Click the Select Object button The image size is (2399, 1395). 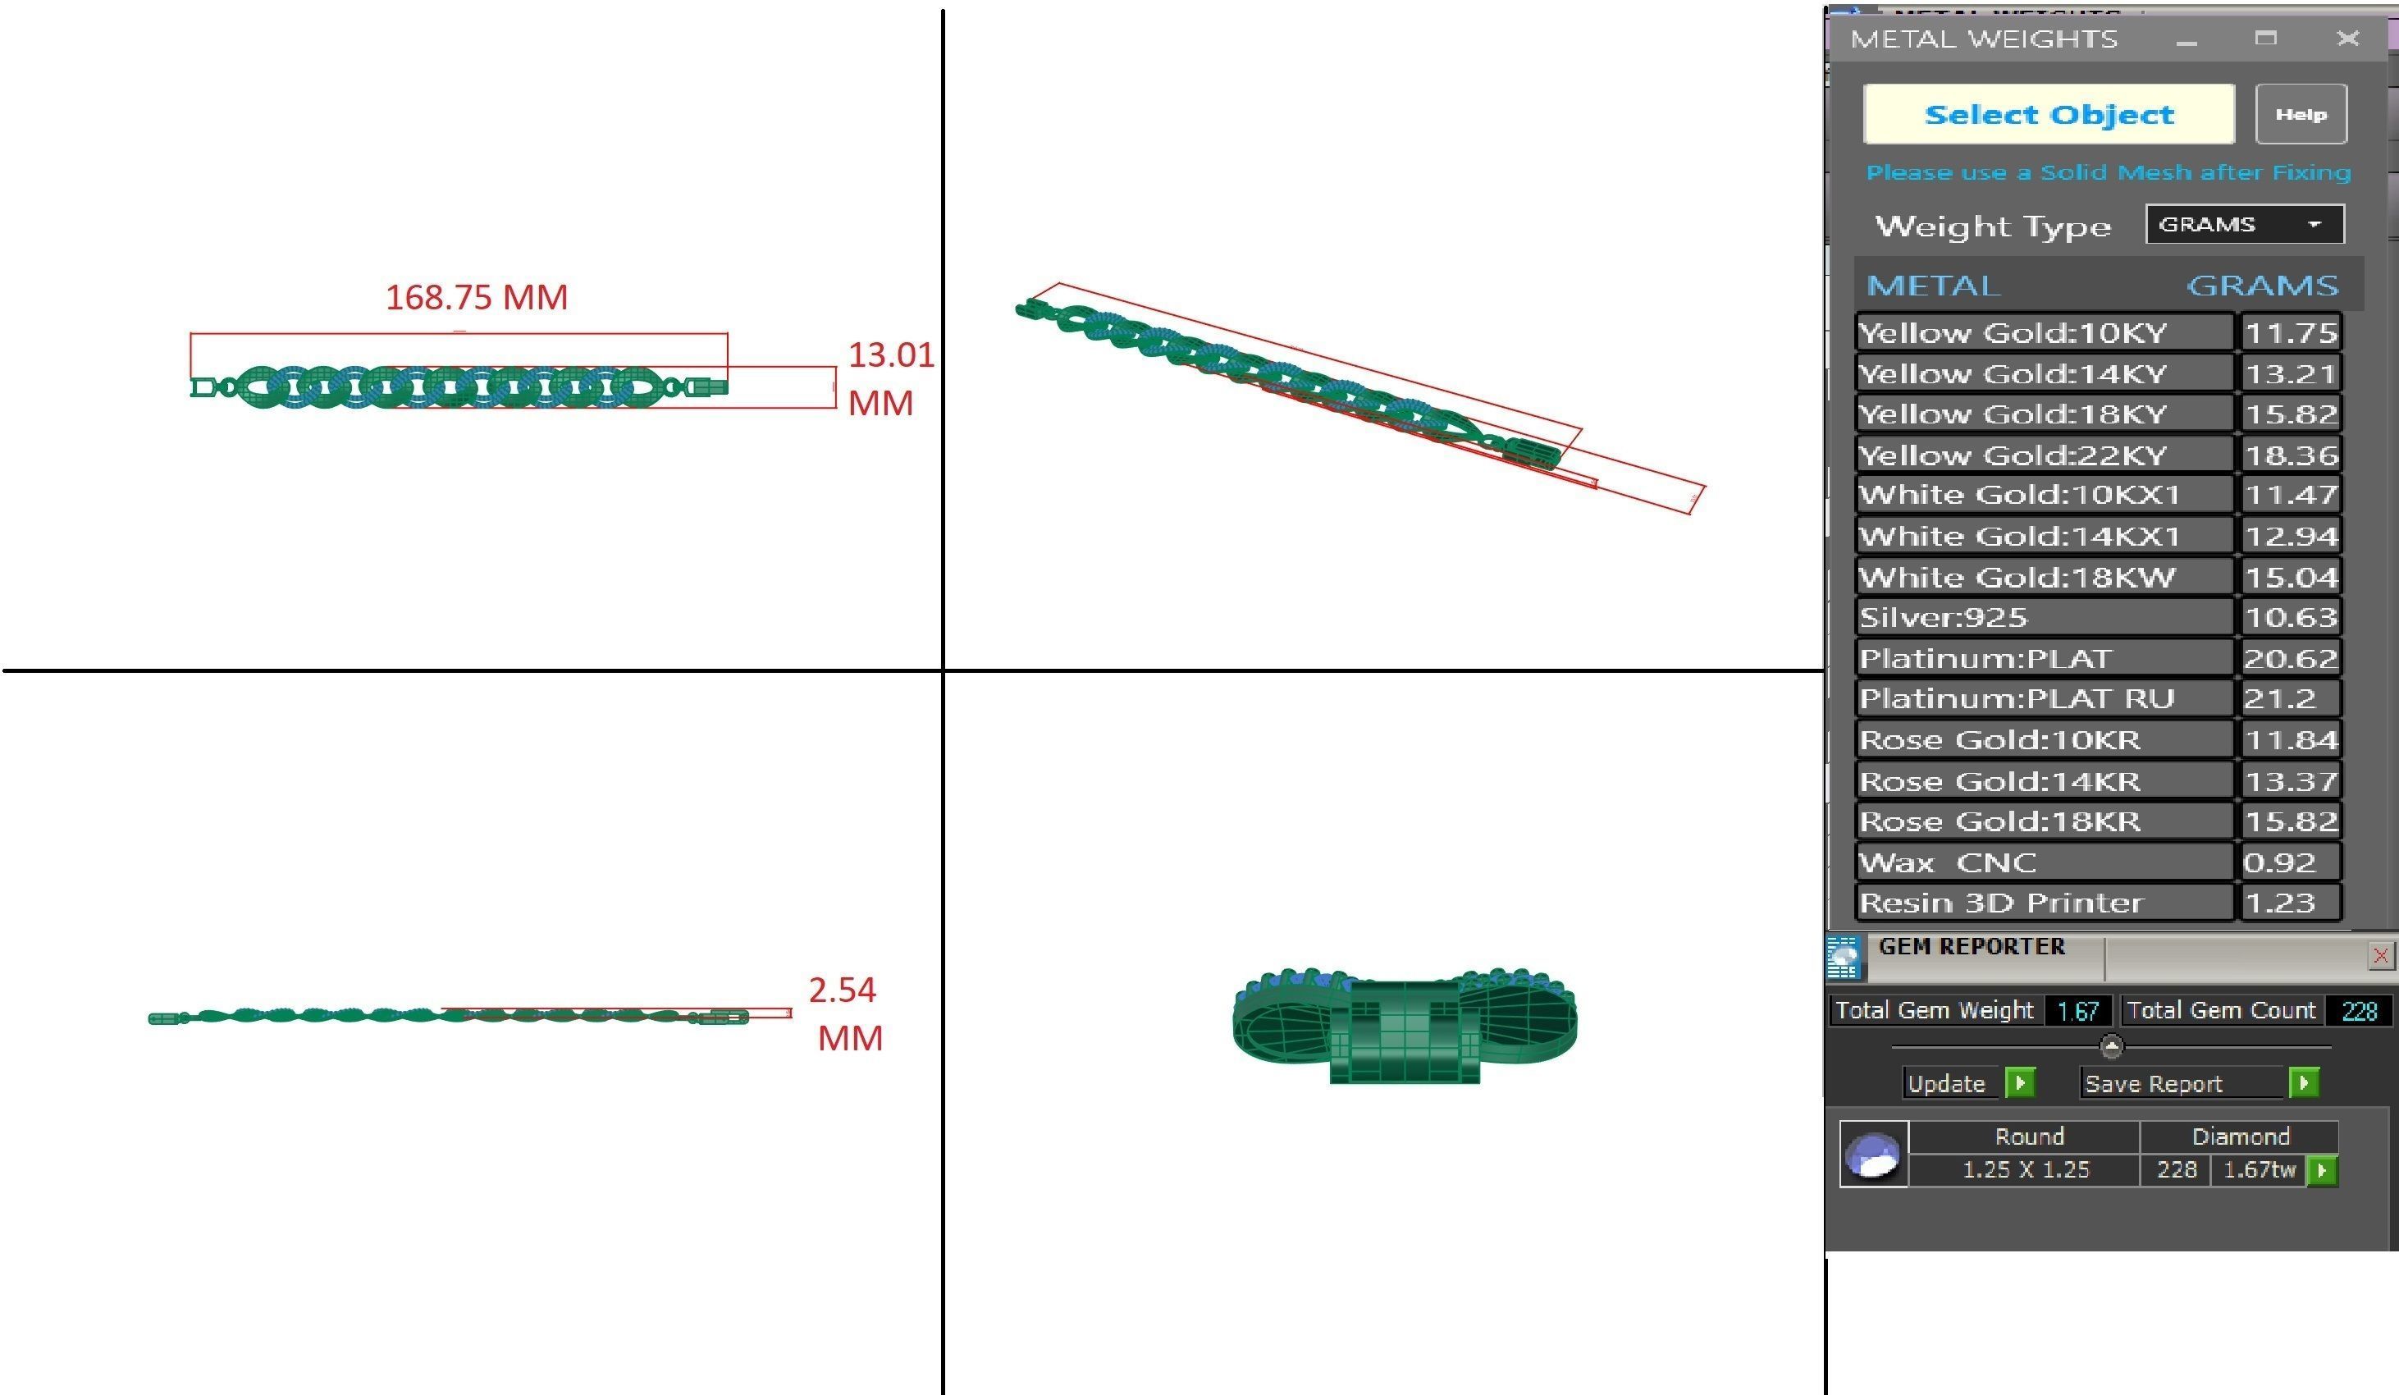(2048, 114)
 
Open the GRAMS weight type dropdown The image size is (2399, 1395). (2244, 225)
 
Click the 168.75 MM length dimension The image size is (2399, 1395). (476, 297)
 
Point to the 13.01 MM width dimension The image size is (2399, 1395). (889, 378)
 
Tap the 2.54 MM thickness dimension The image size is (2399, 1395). (845, 1013)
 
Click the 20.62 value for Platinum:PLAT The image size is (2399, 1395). (2290, 658)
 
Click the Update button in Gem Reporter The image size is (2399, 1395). (1947, 1084)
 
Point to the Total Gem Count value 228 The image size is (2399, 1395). (2359, 1010)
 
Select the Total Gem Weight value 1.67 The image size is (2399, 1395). (2077, 1010)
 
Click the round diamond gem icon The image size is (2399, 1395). (1872, 1153)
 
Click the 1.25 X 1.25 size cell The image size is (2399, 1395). (2025, 1169)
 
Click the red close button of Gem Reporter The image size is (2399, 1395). (2380, 955)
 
